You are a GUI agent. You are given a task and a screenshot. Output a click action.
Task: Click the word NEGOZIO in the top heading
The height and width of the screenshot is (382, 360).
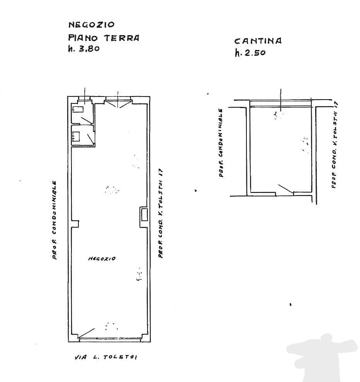[x=92, y=25]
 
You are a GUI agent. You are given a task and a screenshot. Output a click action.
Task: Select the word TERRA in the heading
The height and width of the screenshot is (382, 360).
[x=122, y=38]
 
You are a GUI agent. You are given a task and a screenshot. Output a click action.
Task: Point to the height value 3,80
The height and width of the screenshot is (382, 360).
[x=89, y=49]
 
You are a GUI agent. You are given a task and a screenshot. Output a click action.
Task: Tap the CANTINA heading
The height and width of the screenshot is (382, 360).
[x=258, y=41]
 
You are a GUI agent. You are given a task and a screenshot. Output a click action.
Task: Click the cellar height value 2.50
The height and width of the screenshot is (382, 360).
[x=255, y=52]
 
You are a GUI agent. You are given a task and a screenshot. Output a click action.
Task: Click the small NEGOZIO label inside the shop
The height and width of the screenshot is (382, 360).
[x=102, y=259]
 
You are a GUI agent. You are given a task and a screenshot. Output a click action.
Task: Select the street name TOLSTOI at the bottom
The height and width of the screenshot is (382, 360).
[x=120, y=357]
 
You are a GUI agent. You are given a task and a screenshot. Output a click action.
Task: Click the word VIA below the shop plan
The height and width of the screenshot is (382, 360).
[x=80, y=357]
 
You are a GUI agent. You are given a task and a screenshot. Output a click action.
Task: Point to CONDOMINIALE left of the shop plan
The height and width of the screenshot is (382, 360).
[x=54, y=207]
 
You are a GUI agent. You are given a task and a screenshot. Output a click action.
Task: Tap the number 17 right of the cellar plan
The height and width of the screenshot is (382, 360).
[x=336, y=105]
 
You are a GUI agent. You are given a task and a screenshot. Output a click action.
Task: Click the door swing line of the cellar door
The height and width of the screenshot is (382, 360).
[x=285, y=189]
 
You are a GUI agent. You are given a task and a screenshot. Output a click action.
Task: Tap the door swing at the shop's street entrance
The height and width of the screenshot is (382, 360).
[x=87, y=333]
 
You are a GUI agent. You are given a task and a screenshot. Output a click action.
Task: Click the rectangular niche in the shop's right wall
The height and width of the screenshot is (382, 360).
[x=144, y=214]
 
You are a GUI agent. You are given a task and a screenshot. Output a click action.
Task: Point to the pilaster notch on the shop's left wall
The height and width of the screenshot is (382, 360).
[x=75, y=224]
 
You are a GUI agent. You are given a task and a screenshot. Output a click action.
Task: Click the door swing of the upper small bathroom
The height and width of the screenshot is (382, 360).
[x=87, y=120]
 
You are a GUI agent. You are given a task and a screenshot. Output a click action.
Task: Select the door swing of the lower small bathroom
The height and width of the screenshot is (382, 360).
[x=90, y=139]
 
